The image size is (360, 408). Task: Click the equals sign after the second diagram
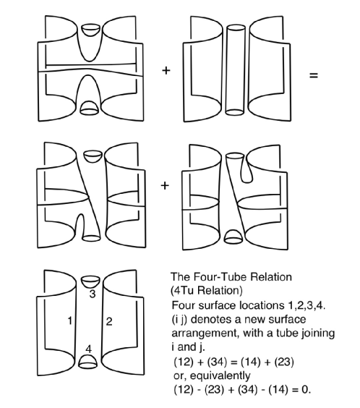point(312,74)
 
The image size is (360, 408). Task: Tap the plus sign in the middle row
point(166,186)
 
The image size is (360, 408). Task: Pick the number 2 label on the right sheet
point(108,322)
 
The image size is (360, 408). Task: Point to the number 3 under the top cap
point(93,294)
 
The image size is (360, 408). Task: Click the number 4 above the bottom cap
point(89,350)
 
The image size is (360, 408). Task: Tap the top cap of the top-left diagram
point(91,30)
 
